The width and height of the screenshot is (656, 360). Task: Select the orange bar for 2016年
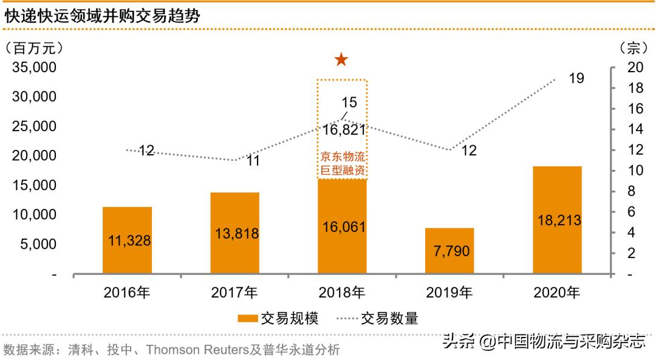tap(127, 240)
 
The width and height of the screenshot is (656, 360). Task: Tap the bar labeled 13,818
tap(234, 233)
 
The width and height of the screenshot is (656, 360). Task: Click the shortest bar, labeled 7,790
tap(449, 251)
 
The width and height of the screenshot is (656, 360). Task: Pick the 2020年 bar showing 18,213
tap(557, 220)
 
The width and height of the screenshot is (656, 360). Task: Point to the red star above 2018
tap(341, 59)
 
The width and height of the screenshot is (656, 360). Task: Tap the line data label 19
tap(576, 78)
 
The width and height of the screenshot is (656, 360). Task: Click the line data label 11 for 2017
tap(253, 161)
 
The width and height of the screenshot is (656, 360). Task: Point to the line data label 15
tap(349, 102)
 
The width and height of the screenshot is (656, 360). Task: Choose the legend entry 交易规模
tap(277, 318)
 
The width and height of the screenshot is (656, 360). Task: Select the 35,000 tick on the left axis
tap(35, 67)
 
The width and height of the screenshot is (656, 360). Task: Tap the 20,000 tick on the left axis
tap(35, 155)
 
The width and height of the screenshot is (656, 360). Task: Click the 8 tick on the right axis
tap(632, 191)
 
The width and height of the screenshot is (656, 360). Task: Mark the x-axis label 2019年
tap(449, 293)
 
